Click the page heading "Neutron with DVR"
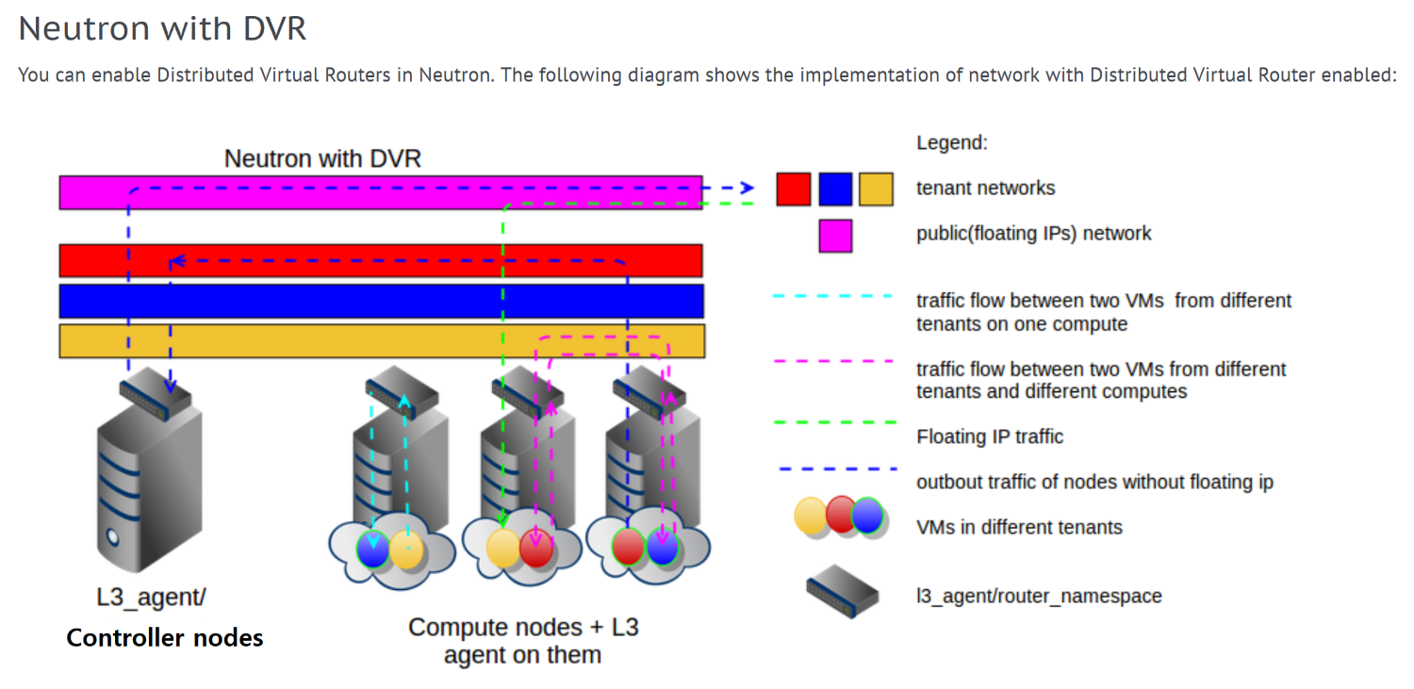click(162, 28)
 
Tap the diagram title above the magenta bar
click(322, 158)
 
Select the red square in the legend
click(793, 189)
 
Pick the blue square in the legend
click(835, 189)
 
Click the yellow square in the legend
click(876, 189)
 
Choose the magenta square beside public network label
click(835, 235)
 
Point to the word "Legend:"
click(951, 143)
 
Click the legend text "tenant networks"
click(985, 189)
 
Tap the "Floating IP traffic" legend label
click(990, 436)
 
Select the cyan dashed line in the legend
click(833, 296)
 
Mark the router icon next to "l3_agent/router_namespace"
click(842, 591)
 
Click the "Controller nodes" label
click(165, 638)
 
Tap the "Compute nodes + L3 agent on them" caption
click(523, 640)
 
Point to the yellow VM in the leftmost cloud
click(406, 550)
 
